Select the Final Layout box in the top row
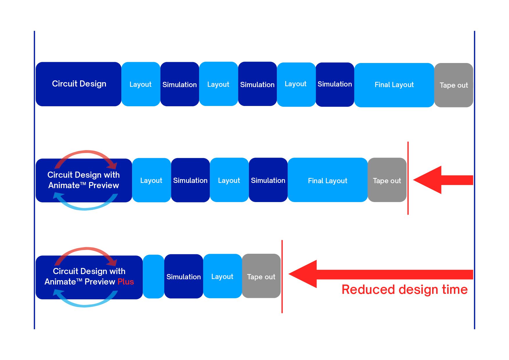coord(394,85)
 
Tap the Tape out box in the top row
coord(454,85)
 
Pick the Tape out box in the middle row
coord(387,180)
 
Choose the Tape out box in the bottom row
coord(261,276)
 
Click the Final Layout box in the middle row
coord(328,180)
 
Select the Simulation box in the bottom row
coord(184,276)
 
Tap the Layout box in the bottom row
coord(223,276)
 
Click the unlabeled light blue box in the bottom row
coord(154,276)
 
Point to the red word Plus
coord(126,282)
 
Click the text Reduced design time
coord(405,290)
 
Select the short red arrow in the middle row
coord(443,180)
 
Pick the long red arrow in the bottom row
coord(381,274)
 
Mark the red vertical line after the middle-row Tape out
coord(408,178)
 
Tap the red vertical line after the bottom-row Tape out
coord(282,276)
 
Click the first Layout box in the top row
coord(141,84)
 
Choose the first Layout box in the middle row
coord(151,180)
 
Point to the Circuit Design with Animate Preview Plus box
coord(89,277)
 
